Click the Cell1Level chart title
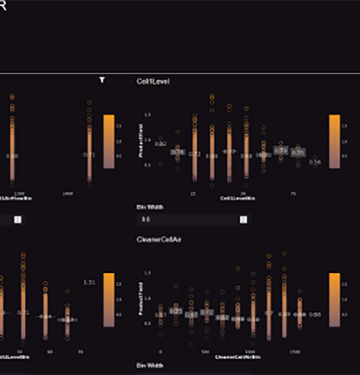(x=153, y=81)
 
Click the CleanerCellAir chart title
(x=159, y=239)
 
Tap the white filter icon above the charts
(x=102, y=80)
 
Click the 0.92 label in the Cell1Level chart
(x=161, y=144)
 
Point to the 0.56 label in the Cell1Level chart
(x=315, y=162)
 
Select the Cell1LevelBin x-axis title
(x=237, y=198)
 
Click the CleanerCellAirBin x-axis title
(x=237, y=357)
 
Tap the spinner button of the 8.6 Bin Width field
(x=243, y=220)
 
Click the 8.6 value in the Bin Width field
(x=146, y=220)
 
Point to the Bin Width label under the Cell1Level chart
(x=150, y=207)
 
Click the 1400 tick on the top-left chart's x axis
(x=68, y=194)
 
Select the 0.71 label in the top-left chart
(x=89, y=155)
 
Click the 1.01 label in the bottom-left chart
(x=89, y=282)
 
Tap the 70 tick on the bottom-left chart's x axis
(x=80, y=351)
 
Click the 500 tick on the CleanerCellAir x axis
(x=205, y=351)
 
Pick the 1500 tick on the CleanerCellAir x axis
(x=295, y=351)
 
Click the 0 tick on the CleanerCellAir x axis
(x=160, y=351)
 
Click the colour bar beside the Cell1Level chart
(x=334, y=141)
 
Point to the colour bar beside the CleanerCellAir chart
(x=334, y=300)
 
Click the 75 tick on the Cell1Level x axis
(x=293, y=194)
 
